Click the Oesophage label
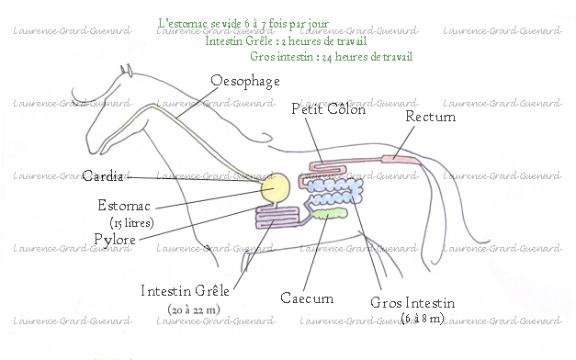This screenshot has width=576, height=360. tap(244, 82)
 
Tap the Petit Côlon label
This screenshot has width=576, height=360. tap(328, 109)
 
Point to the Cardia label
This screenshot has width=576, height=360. tap(102, 176)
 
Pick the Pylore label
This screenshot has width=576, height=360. tap(115, 240)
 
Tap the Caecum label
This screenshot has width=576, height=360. tap(306, 298)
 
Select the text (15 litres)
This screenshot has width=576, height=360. tap(130, 222)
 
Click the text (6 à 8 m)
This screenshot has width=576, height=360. tap(423, 318)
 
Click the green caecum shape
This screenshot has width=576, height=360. tap(328, 214)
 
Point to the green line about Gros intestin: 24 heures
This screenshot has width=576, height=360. tap(331, 57)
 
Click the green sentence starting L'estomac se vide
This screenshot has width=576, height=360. tap(243, 23)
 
